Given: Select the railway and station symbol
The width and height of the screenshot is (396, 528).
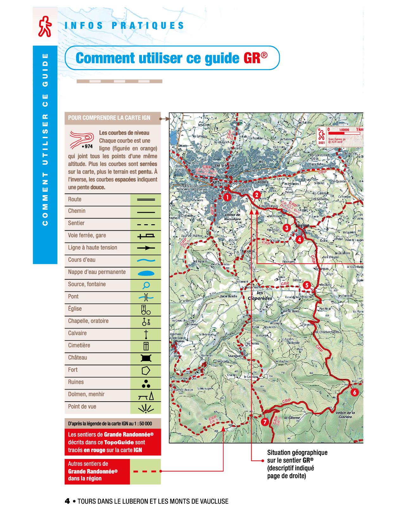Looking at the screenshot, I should [146, 236].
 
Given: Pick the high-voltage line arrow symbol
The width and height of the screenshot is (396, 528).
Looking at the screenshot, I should [146, 248].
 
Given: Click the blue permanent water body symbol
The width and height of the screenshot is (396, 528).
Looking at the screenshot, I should [146, 272].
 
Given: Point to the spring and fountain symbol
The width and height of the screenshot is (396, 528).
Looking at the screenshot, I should [146, 285].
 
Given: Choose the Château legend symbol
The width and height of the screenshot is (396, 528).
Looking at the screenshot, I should [146, 358].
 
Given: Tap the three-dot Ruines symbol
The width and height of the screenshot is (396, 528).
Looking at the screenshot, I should [146, 383].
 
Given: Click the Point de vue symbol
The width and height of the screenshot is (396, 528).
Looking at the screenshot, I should [146, 408].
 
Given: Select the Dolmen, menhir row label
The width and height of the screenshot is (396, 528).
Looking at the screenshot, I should [86, 394].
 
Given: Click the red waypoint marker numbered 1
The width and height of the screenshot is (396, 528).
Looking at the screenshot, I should [227, 197].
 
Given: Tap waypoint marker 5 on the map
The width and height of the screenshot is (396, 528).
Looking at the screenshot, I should [306, 285].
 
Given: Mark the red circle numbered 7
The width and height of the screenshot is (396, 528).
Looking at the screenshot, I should [265, 422].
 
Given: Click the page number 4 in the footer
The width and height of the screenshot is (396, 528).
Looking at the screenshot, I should [67, 501].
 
